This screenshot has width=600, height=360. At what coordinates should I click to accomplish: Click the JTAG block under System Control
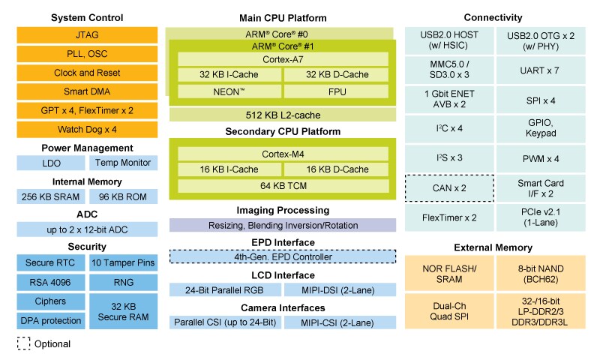[x=87, y=34]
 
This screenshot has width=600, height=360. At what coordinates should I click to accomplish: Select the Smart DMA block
[x=87, y=92]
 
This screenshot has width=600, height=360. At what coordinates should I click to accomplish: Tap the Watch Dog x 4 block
[x=87, y=129]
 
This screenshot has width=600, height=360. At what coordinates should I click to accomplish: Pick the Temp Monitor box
[x=123, y=163]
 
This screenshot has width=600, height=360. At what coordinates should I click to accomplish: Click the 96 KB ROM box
[x=123, y=196]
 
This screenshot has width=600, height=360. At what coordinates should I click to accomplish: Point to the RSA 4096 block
[x=50, y=282]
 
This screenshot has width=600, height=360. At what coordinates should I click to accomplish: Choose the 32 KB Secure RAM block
[x=123, y=310]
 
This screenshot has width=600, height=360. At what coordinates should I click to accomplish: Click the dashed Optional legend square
[x=24, y=343]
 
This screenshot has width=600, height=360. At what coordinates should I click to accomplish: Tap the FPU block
[x=336, y=91]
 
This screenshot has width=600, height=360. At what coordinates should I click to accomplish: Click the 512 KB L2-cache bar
[x=282, y=114]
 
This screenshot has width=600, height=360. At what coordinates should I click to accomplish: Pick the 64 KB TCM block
[x=282, y=186]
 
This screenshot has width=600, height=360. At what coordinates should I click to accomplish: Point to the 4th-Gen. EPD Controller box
[x=282, y=256]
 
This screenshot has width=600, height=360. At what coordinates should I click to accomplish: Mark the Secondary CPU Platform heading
[x=282, y=131]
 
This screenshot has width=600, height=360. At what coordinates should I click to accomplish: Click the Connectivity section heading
[x=493, y=17]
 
